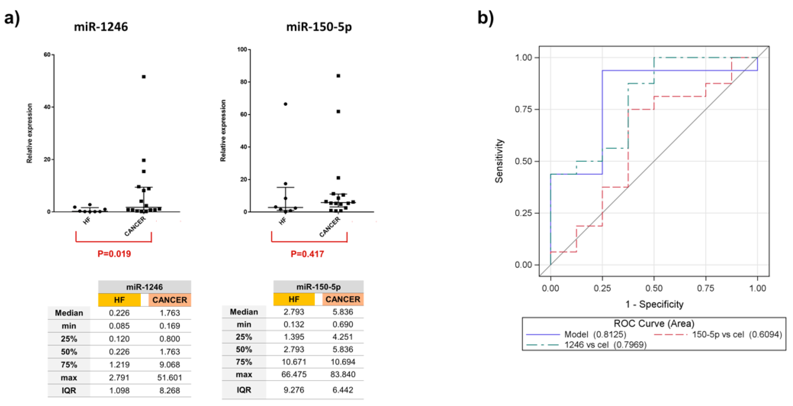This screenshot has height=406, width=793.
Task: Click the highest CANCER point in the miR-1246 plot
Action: pos(143,77)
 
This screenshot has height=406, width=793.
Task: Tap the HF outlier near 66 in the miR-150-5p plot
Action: pos(285,104)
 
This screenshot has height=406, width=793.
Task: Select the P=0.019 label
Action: pos(114,254)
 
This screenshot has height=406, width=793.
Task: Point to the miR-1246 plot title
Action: pos(101,27)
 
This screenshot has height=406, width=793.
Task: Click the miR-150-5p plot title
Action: pos(319,27)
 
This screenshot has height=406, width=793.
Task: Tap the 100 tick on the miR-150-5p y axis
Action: pos(242,49)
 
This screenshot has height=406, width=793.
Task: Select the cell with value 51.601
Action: pos(169,377)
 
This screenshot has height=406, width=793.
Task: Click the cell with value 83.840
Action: pos(343,374)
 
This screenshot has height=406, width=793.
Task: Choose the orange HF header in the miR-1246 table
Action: pos(119,300)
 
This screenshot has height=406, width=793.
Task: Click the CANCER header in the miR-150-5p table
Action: pos(343,299)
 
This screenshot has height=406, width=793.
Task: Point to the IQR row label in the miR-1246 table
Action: pos(69,390)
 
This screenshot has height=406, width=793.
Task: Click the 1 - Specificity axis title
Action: pos(654,304)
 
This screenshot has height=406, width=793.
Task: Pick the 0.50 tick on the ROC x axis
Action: pos(654,288)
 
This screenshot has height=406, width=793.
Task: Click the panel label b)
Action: pos(485,18)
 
